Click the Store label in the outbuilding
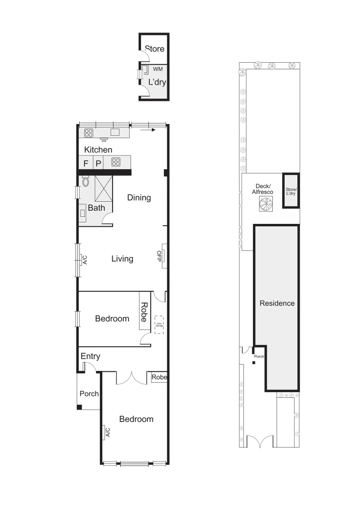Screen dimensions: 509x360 coord(155,49)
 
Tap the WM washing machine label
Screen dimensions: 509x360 coord(158,69)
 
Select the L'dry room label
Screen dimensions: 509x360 coord(157,82)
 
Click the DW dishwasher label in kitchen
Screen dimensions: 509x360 coord(104,140)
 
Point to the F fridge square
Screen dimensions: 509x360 coord(86,164)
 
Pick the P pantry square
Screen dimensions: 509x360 coord(98,164)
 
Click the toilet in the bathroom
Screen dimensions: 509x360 coord(85,181)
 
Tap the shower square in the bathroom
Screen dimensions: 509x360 coord(104,188)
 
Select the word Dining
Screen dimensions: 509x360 coord(139,197)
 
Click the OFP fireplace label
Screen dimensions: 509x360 coord(159,255)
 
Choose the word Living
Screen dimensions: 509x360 coord(122,259)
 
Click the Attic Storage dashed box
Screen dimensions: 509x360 coord(159,325)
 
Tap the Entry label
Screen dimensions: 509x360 coord(90,356)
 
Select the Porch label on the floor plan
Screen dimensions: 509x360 coord(89,394)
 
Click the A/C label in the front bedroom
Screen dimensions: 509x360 coord(108,432)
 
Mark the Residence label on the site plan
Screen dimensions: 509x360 coord(277,303)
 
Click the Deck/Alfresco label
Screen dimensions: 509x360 coord(263,189)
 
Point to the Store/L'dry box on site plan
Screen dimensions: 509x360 coord(290,191)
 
